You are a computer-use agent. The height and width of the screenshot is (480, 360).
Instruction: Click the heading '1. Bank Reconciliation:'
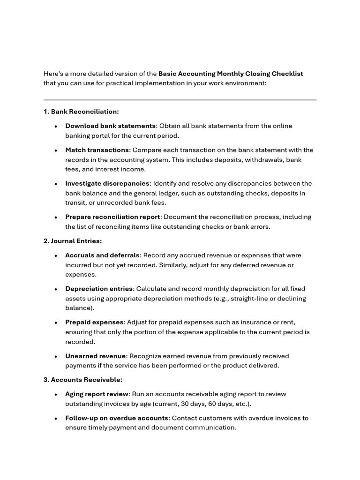[x=81, y=112]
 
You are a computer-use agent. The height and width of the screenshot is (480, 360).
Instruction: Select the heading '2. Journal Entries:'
[x=73, y=241]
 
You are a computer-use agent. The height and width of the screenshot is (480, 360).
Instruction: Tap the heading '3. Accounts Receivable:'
[x=82, y=380]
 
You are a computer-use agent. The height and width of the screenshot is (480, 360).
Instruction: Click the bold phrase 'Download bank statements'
[x=110, y=126]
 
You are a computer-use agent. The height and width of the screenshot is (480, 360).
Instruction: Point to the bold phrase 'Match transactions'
[x=97, y=150]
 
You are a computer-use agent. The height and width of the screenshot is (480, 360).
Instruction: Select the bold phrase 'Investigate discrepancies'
[x=107, y=183]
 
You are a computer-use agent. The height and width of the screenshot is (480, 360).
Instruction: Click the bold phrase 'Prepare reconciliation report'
[x=112, y=217]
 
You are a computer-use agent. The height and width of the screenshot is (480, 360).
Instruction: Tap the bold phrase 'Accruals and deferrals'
[x=102, y=255]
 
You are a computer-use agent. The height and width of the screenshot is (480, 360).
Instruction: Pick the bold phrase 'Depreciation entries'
[x=99, y=289]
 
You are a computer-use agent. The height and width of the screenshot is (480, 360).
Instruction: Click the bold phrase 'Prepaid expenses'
[x=94, y=322]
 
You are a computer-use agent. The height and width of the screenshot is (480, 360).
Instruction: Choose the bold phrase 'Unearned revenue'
[x=95, y=356]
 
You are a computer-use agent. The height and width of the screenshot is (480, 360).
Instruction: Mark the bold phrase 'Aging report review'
[x=97, y=394]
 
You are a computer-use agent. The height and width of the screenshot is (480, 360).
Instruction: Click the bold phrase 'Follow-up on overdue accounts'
[x=117, y=418]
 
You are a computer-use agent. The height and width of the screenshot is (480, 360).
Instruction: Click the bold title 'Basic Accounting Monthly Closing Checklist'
[x=231, y=74]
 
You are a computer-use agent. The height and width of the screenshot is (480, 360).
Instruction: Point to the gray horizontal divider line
[x=180, y=100]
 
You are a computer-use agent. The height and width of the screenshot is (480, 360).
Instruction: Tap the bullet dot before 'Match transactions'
[x=56, y=150]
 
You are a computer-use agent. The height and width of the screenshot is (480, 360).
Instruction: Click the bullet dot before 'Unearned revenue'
[x=56, y=356]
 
